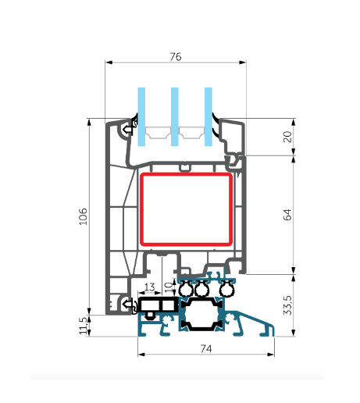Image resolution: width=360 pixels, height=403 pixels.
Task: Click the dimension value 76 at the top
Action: click(176, 56)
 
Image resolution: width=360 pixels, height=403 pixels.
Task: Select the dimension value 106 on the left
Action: click(84, 216)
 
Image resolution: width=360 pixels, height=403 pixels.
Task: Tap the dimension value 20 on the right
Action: click(287, 137)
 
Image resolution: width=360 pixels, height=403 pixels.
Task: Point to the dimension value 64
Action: click(287, 215)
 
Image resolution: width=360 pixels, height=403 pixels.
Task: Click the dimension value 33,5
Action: click(287, 305)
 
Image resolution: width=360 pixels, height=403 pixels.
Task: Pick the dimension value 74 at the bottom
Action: click(206, 348)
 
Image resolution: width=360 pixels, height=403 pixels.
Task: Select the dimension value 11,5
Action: click(83, 326)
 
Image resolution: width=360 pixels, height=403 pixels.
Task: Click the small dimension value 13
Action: click(149, 287)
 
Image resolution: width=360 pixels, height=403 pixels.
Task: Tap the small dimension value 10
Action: click(169, 287)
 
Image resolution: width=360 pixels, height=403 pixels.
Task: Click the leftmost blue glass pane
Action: click(141, 116)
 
